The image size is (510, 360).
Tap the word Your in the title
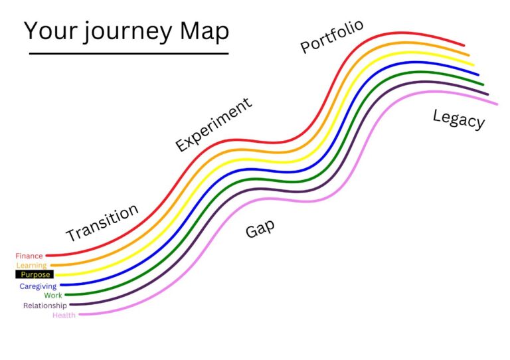pos(49,32)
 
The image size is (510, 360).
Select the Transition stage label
pos(102,223)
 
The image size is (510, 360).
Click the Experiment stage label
pos(214,124)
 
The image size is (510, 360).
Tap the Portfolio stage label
pos(332,36)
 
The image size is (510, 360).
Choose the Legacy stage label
pos(458,119)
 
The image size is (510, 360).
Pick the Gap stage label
pos(260,228)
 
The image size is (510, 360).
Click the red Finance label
pos(29,256)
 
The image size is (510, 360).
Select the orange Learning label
pos(31,266)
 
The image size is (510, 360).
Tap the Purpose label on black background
pos(35,274)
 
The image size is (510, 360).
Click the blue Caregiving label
pos(38,286)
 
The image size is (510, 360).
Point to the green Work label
pos(53,295)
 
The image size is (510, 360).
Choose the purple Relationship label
pos(44,306)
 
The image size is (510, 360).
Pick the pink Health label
pos(64,315)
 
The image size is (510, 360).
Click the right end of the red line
pos(464,45)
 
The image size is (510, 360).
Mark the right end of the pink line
pos(496,104)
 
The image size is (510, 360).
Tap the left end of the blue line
pos(62,285)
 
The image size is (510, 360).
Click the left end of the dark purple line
pos(70,305)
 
